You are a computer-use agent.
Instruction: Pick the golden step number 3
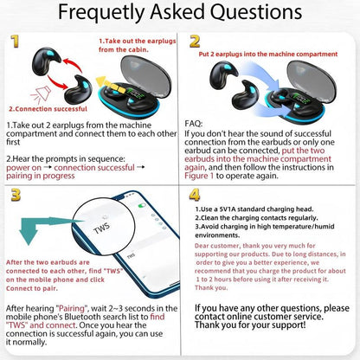pos(16,196)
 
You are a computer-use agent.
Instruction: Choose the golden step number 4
pos(196,196)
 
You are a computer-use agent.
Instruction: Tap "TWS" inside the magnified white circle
pos(101,234)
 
